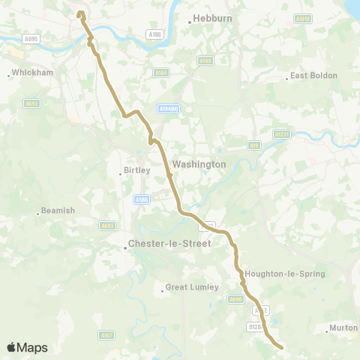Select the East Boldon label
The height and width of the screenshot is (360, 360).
pos(313,76)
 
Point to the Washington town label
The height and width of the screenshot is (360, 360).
pos(199,164)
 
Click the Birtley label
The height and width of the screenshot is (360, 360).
pos(137,170)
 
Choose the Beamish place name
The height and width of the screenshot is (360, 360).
pos(58,211)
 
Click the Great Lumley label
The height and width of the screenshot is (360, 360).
pos(191,286)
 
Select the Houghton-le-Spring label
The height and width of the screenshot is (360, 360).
pos(284,274)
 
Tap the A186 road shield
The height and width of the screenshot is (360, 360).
pos(155,34)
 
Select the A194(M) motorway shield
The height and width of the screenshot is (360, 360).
pos(169,109)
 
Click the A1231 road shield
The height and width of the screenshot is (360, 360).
pos(282,134)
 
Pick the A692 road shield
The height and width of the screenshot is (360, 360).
pos(31,103)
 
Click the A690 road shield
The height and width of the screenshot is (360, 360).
pos(235,299)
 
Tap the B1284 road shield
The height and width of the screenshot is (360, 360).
pos(256,326)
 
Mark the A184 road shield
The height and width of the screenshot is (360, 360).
pos(160,73)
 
